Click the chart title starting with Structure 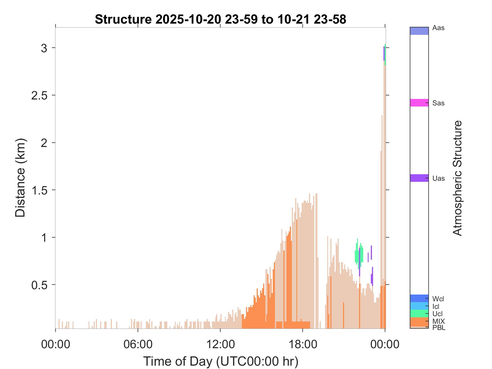220,19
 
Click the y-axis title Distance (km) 20,178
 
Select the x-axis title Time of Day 221,361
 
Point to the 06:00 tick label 138,344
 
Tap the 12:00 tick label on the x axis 220,344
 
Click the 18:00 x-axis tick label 303,344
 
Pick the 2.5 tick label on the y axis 39,96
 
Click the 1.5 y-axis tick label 39,190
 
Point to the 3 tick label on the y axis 44,48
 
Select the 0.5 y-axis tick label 39,285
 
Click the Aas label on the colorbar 439,28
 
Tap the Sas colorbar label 439,103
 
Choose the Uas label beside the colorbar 439,178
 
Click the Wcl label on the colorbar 438,299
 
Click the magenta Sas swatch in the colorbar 419,103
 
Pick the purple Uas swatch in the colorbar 419,178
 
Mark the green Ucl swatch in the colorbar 419,313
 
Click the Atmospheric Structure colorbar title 458,178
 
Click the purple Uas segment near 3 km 384,53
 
